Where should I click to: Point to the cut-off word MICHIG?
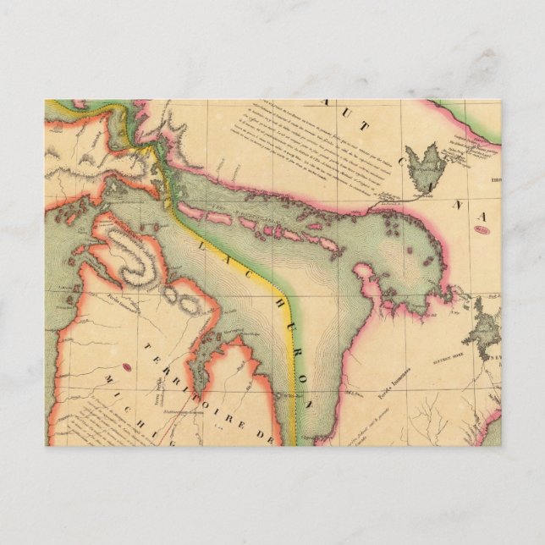(135, 415)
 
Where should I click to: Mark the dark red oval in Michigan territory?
(128, 367)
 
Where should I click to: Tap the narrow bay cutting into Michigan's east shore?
(203, 364)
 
